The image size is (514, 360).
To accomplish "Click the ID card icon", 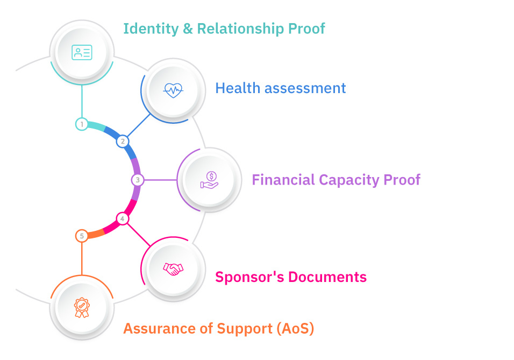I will (82, 52).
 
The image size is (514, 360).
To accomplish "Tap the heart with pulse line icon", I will (173, 90).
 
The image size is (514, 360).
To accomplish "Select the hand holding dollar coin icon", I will (210, 180).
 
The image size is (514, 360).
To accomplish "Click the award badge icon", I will (82, 307).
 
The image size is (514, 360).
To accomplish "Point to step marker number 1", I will (82, 124).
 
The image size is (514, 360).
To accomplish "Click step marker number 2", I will (123, 142).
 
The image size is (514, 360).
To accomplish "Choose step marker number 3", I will (138, 180).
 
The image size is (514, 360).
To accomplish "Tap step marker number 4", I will (123, 218).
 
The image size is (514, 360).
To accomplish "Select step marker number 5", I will (82, 236).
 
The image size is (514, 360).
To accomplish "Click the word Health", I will (234, 88).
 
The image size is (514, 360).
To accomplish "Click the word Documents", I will (328, 277).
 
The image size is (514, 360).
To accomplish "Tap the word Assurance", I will (153, 328).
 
